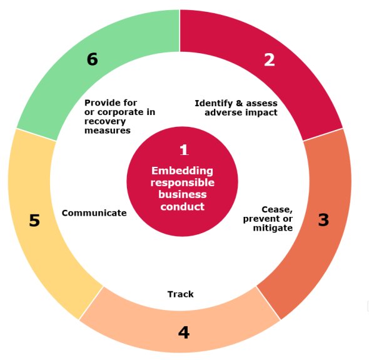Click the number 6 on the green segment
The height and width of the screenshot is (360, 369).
pos(93,59)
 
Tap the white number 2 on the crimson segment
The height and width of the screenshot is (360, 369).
pos(270,60)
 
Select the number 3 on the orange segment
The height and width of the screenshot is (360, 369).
pos(323,219)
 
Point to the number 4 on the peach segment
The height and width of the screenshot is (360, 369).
pos(184,332)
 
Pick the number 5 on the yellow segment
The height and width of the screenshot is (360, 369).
pos(34,221)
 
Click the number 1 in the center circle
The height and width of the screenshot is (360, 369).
pos(184,150)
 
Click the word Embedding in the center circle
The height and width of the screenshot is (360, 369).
pos(182,171)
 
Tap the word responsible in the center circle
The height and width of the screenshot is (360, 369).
pos(183,183)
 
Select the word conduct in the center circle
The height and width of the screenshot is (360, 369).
pos(183,207)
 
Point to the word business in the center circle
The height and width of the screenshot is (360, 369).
pos(183,195)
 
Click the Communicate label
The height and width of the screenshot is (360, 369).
pos(94,213)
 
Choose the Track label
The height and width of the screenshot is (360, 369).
pos(181,294)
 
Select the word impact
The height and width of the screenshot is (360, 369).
pos(261,112)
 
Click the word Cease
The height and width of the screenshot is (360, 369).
pos(277,209)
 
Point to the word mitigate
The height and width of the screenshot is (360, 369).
pos(273,228)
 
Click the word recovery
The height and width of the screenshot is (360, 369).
pos(105,122)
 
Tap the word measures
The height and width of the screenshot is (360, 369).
pos(108,131)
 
